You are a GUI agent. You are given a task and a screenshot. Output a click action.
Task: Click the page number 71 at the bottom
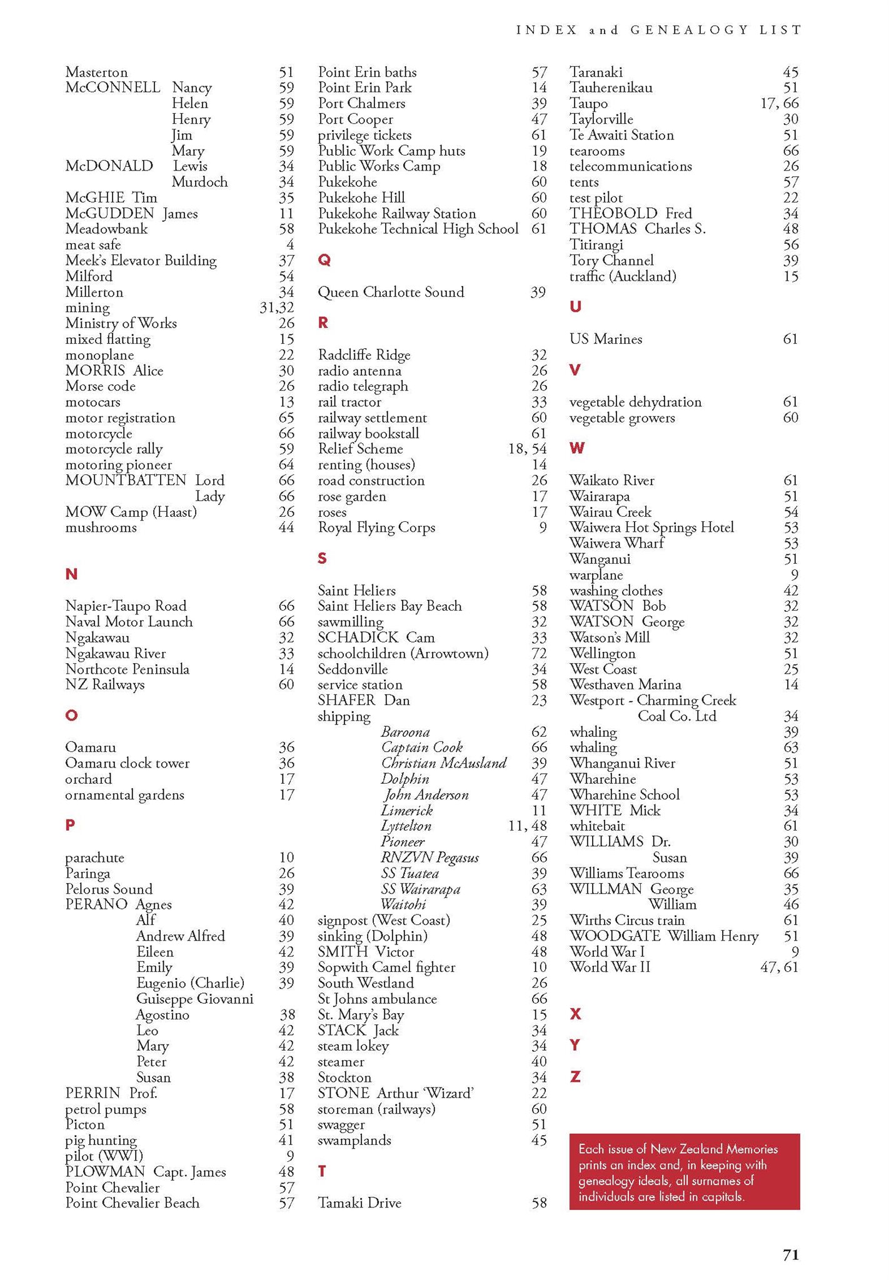coord(791,1254)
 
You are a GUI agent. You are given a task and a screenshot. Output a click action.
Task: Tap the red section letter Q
coord(324,260)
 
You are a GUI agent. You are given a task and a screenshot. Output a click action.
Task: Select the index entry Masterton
coord(96,72)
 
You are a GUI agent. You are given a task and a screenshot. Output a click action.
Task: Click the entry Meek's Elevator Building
coord(141,261)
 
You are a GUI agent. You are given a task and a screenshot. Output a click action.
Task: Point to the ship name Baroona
coord(405,732)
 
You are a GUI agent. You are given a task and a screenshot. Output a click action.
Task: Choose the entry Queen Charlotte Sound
coord(391,292)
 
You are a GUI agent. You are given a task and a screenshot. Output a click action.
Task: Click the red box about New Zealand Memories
coord(684,1172)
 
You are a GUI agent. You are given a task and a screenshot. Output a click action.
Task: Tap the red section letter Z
coord(575,1076)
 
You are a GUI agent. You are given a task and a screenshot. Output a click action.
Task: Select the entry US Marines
coord(606,339)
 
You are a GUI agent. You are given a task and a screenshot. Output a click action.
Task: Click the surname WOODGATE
coord(615,936)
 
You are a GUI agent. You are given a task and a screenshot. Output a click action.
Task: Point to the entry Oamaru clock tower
coord(127,763)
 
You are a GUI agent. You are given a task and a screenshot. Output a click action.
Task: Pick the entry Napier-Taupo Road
coord(126,606)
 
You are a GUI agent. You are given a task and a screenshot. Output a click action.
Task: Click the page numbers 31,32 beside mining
coord(276,307)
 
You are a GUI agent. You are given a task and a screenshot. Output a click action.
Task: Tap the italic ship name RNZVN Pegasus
coord(430,857)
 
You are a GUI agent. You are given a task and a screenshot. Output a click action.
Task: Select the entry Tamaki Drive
coord(359,1202)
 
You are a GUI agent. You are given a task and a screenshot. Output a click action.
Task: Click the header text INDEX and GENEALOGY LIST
coord(658,29)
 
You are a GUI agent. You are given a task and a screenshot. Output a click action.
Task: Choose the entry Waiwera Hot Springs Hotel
coord(651,527)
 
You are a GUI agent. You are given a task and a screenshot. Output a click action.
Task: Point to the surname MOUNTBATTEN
coord(126,480)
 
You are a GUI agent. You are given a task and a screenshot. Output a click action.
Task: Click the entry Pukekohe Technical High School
coord(418,229)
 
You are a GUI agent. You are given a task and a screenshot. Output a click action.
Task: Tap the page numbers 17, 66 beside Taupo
coord(779,104)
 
